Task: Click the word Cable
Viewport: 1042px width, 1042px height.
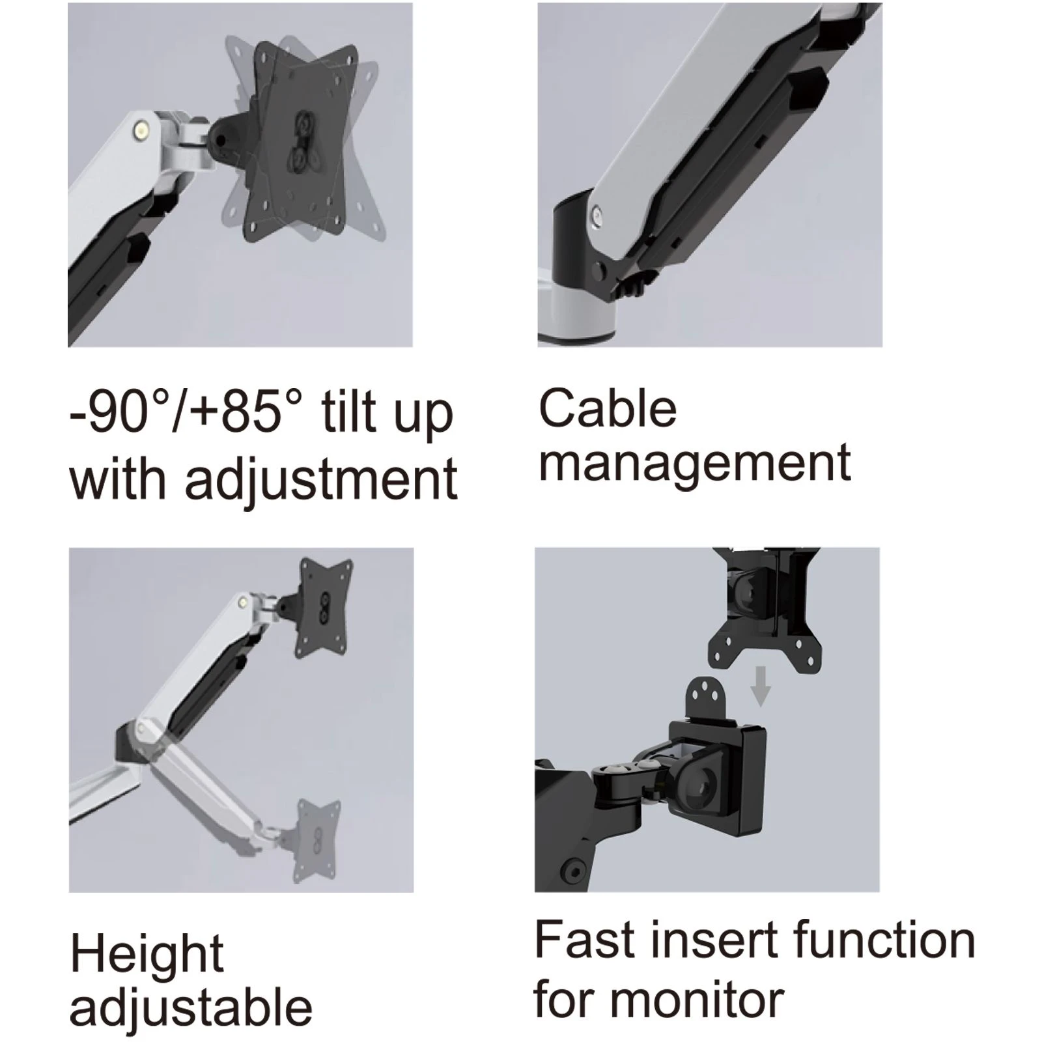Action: [x=608, y=408]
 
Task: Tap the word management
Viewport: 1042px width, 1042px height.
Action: [x=695, y=463]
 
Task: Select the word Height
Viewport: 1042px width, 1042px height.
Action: [x=147, y=955]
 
